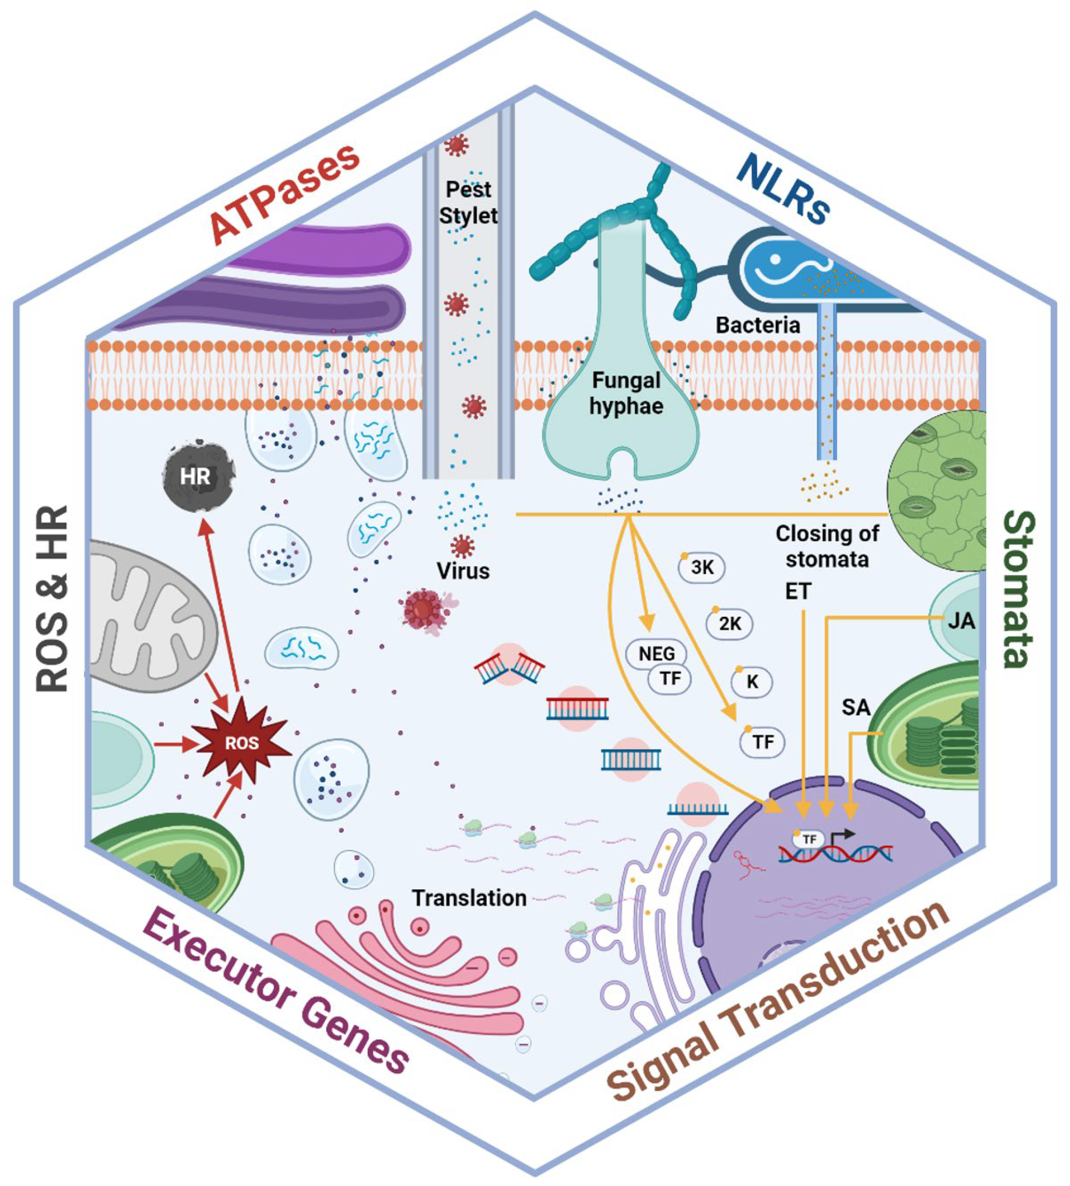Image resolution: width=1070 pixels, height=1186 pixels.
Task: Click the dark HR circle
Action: point(195,476)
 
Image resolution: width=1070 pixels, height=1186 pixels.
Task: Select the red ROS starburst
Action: point(242,743)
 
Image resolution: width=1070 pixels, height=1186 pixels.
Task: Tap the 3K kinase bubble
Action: point(702,568)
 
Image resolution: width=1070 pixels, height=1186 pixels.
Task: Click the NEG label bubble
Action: point(656,653)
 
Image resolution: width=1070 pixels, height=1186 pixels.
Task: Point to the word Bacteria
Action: point(757,325)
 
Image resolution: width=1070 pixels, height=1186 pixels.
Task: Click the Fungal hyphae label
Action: point(625,393)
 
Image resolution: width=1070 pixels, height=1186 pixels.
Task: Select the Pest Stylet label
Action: point(468,202)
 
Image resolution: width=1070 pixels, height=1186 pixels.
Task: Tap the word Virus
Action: point(463,571)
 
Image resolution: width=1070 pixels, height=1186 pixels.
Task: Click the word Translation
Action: point(469,898)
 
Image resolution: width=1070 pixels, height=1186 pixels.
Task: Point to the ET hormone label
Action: point(798,591)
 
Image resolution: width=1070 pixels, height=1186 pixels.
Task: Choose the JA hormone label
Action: point(960,621)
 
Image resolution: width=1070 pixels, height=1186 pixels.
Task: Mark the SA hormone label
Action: point(856,707)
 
